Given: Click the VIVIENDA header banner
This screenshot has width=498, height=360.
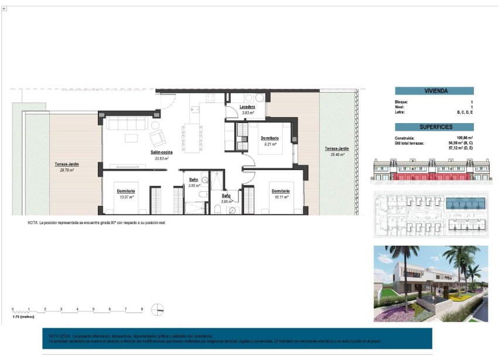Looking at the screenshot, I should (434, 91).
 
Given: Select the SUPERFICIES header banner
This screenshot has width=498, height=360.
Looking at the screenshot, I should (434, 127).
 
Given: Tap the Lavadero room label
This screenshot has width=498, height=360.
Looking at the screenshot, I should (247, 107).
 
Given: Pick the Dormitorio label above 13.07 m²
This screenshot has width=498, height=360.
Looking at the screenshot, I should (125, 191).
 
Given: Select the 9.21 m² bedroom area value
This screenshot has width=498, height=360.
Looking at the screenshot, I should (270, 144).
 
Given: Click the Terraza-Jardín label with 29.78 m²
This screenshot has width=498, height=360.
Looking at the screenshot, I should (67, 164).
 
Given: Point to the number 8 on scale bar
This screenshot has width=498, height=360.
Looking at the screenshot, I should (141, 308).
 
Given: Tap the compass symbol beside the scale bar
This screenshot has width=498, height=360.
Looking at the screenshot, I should (157, 310).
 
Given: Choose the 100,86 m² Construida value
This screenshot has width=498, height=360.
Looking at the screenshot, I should (465, 138).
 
